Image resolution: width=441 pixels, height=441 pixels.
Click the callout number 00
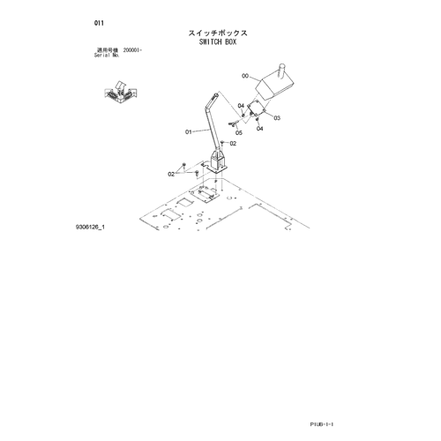(x=245, y=76)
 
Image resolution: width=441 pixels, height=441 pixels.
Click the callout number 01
(x=188, y=132)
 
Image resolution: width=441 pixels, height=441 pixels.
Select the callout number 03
(x=277, y=118)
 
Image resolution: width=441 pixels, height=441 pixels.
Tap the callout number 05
(x=239, y=133)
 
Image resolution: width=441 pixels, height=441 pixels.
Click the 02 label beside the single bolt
(x=233, y=144)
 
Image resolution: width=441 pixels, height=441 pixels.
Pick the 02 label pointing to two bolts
(x=171, y=175)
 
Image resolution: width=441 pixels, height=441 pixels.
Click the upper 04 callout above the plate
(x=241, y=106)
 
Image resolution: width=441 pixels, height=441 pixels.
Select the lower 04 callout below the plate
(x=260, y=129)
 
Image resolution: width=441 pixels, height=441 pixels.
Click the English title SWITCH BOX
(x=218, y=41)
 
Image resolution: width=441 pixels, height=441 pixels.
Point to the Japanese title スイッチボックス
(x=218, y=33)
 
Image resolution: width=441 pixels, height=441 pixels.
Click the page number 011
(x=99, y=23)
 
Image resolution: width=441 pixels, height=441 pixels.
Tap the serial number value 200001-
(x=132, y=50)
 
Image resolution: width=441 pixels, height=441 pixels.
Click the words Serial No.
(x=107, y=56)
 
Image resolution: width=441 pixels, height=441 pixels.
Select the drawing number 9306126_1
(x=90, y=228)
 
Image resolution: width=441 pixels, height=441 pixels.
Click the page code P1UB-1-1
(x=322, y=424)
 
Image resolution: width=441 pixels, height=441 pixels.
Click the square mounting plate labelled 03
(x=257, y=108)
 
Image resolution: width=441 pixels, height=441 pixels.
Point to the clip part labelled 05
(x=234, y=124)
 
